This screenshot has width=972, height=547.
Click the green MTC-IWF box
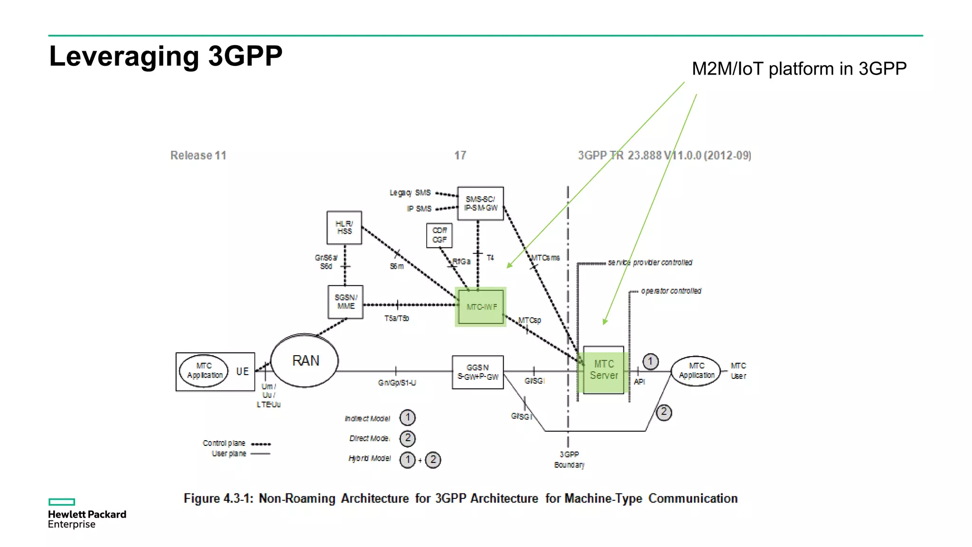click(x=481, y=307)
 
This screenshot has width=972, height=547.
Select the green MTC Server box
click(x=603, y=370)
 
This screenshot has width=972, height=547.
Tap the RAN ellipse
click(x=305, y=360)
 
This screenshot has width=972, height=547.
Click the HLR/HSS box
click(x=344, y=227)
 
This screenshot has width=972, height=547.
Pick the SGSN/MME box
click(x=346, y=302)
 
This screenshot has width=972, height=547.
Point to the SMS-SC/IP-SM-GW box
click(x=480, y=203)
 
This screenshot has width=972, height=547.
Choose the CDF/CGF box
click(x=439, y=235)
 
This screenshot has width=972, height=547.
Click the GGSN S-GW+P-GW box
click(x=477, y=372)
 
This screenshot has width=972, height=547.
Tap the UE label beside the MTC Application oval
click(x=242, y=371)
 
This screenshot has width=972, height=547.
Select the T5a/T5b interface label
click(x=396, y=318)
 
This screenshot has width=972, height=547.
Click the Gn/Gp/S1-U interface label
click(x=397, y=383)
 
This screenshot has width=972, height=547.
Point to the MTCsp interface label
click(x=530, y=321)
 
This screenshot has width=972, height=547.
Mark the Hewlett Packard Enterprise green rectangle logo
click(x=62, y=502)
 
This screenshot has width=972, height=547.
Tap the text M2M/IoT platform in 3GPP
click(x=799, y=69)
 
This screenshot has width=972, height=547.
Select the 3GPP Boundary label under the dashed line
click(x=569, y=460)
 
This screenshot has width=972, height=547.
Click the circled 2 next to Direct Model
click(x=407, y=438)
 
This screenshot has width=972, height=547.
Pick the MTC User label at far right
click(x=738, y=371)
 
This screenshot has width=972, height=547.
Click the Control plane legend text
click(x=224, y=443)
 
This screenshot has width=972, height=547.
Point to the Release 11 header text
click(x=198, y=155)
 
